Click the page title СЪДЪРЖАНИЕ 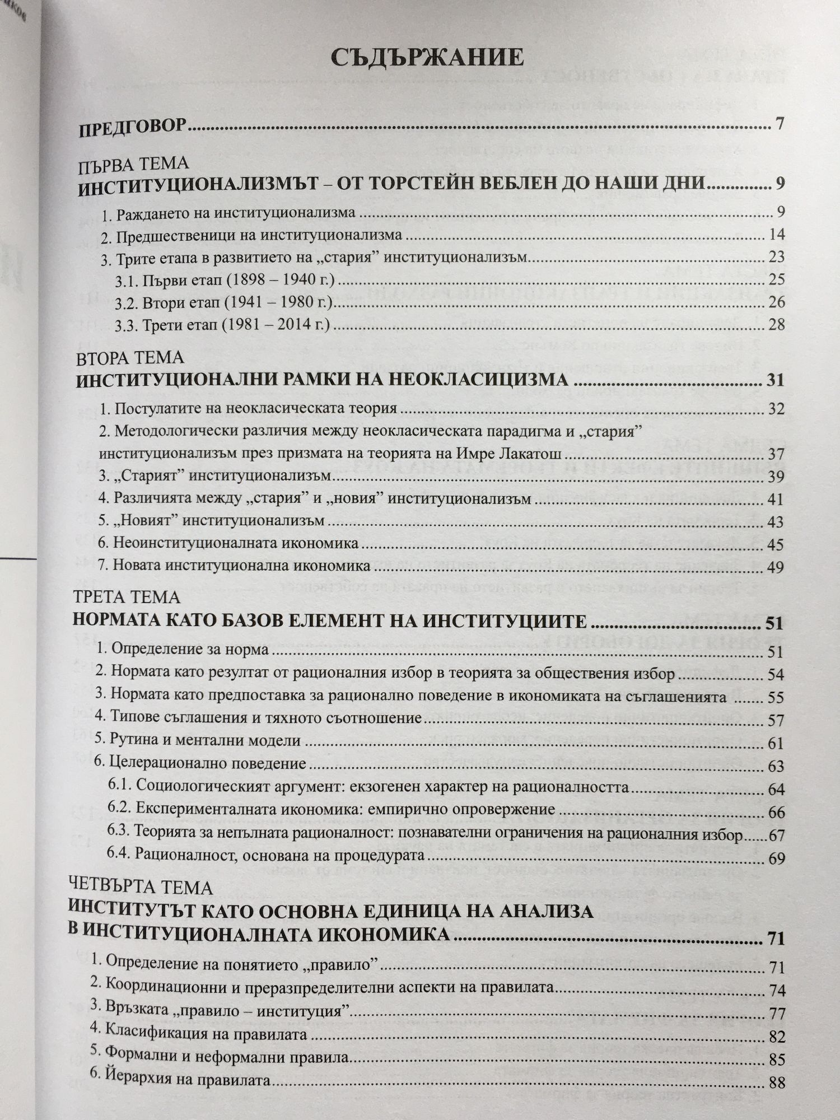(x=427, y=58)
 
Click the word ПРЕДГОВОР (x=132, y=129)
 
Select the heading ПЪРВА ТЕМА (x=133, y=164)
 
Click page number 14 (x=777, y=234)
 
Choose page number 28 (x=776, y=324)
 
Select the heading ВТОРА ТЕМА (x=130, y=358)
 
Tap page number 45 (x=776, y=544)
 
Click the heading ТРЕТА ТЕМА (x=128, y=598)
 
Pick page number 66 (x=777, y=813)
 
